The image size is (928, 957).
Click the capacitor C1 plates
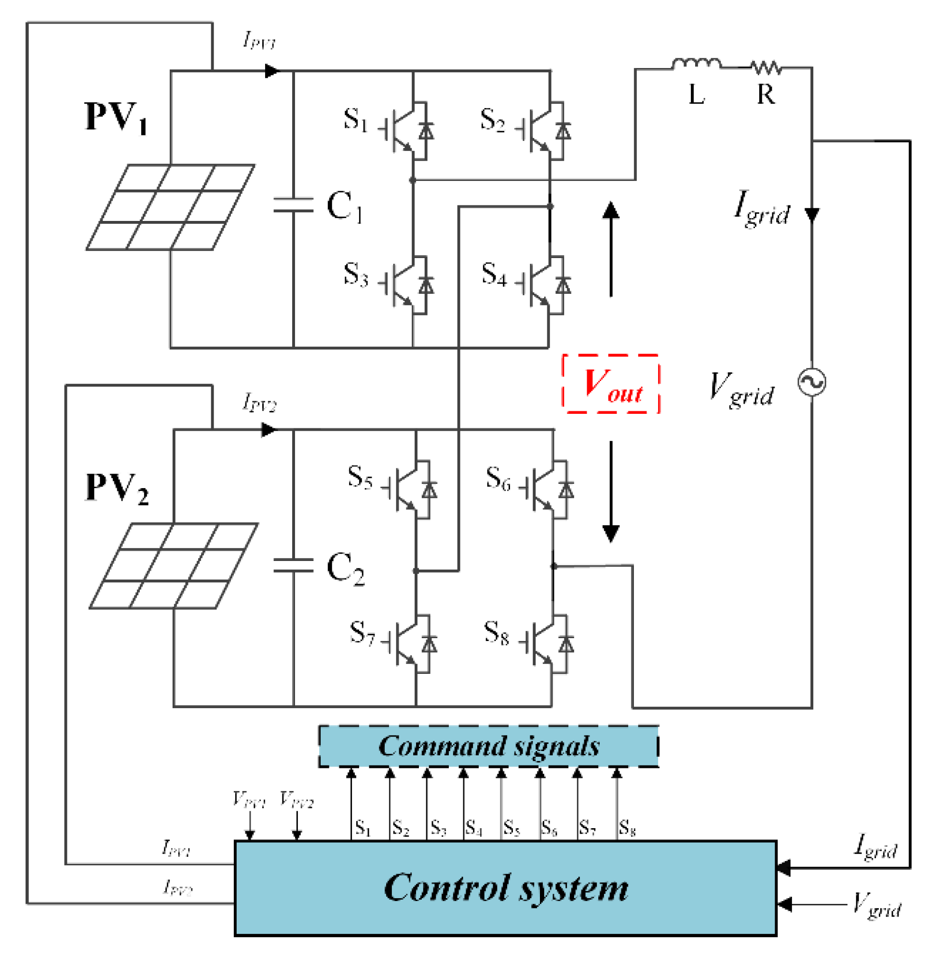(x=293, y=205)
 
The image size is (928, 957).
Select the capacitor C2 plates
(x=293, y=565)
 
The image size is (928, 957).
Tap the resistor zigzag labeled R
(x=766, y=68)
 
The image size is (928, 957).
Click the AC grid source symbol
(x=811, y=382)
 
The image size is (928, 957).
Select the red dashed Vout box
(x=611, y=384)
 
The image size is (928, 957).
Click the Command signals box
(x=488, y=747)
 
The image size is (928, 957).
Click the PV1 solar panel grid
(x=170, y=207)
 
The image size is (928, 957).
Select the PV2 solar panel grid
(x=174, y=566)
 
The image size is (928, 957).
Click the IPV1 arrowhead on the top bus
(x=272, y=71)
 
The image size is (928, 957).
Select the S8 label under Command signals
(x=627, y=828)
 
